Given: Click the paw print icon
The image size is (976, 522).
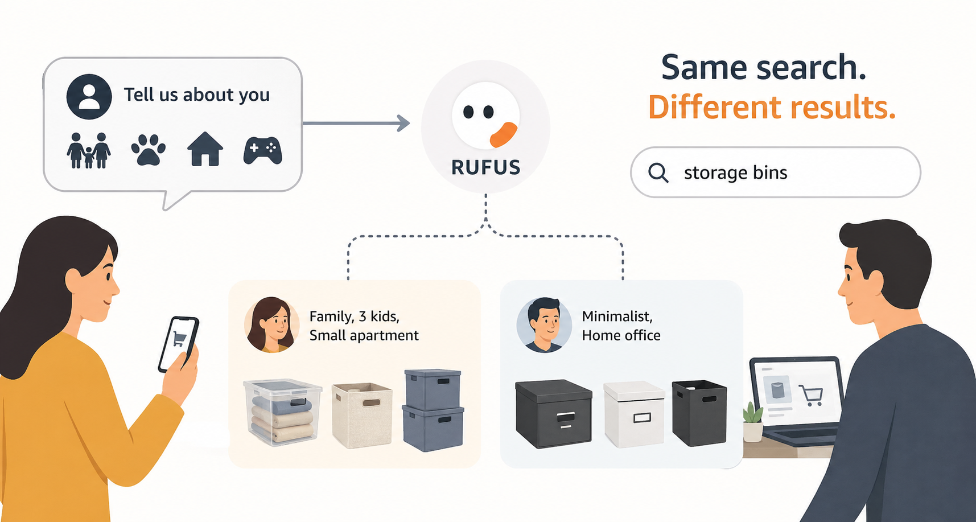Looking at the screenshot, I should click(x=148, y=150).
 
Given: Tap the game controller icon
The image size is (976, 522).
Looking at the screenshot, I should click(x=262, y=150).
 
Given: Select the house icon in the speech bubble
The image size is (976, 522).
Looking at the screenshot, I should click(x=205, y=149).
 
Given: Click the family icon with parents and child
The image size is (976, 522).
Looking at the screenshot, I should click(x=89, y=150).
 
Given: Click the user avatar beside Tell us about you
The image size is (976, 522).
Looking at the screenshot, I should click(x=89, y=96).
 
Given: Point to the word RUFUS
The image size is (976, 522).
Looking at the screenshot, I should click(x=485, y=167).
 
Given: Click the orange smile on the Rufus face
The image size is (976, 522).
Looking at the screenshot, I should click(x=503, y=134).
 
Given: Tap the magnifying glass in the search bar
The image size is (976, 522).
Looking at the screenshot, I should click(x=658, y=172).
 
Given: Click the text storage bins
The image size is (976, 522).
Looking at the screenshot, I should click(x=735, y=172).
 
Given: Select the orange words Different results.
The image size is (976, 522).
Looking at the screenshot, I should click(x=772, y=107).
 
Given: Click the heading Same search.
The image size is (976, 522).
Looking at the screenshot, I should click(x=763, y=67).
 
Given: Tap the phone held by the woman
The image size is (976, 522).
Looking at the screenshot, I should click(x=178, y=343).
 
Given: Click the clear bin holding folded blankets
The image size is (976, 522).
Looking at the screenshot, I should click(x=282, y=411).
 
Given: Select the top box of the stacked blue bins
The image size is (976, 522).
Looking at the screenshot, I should click(x=433, y=389).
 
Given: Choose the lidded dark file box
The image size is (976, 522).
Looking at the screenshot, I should click(x=553, y=413).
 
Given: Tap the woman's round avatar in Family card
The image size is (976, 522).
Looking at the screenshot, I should click(x=272, y=324).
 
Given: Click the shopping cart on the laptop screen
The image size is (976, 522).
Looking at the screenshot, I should click(x=811, y=394).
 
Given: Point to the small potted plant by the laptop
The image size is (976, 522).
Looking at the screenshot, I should click(x=753, y=422).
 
